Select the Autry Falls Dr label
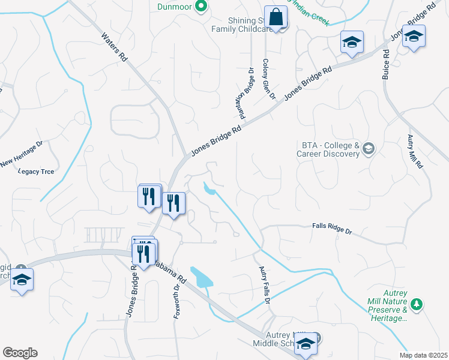pyautogui.click(x=265, y=284)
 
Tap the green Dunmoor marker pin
pyautogui.click(x=201, y=7)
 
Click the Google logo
pyautogui.click(x=20, y=353)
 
